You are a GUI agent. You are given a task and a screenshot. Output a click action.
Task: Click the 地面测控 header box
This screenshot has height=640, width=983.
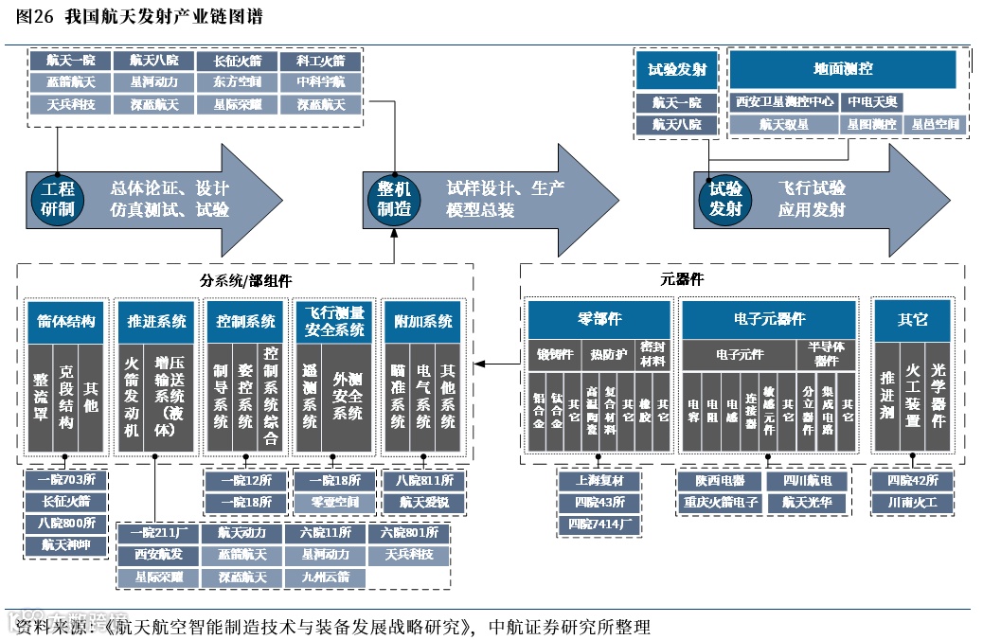tap(842, 69)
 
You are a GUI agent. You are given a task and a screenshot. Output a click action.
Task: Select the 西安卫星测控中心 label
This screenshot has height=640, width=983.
tap(785, 101)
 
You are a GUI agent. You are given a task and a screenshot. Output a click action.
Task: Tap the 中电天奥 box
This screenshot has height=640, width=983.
tap(873, 101)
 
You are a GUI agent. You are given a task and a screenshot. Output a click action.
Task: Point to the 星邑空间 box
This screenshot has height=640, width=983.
tap(935, 124)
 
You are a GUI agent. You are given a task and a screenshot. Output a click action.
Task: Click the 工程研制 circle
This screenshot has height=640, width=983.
tap(58, 198)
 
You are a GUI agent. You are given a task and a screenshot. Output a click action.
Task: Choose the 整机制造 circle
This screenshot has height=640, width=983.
tap(394, 198)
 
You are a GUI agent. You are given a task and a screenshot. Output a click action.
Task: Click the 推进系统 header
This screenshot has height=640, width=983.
tap(156, 321)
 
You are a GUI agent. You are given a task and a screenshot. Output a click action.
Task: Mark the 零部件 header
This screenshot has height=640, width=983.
tap(599, 320)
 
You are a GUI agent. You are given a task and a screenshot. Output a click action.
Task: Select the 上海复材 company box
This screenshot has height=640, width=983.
tap(599, 481)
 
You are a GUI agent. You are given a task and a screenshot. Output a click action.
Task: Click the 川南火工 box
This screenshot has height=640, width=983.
tap(912, 503)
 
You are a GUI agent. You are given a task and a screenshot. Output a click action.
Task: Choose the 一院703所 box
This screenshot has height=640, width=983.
tap(65, 480)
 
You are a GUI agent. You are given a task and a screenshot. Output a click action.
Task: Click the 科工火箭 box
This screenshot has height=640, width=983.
tap(321, 61)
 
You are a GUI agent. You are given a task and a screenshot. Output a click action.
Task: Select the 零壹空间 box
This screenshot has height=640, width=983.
tap(336, 502)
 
